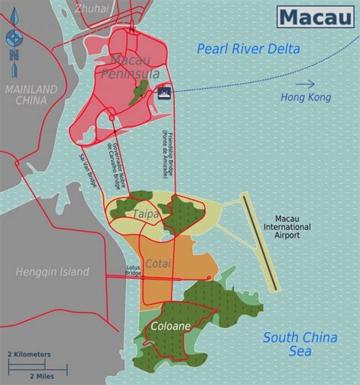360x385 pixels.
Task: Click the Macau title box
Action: pyautogui.click(x=314, y=16)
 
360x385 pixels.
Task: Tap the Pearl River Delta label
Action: pyautogui.click(x=248, y=49)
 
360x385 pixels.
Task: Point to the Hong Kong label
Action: pyautogui.click(x=305, y=98)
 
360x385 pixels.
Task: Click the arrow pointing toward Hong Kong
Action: pyautogui.click(x=305, y=84)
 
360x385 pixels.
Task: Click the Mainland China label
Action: pyautogui.click(x=31, y=95)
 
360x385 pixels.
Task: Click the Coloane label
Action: pyautogui.click(x=165, y=327)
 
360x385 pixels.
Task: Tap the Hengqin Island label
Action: pyautogui.click(x=52, y=272)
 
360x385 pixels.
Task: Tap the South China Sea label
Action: pyautogui.click(x=298, y=345)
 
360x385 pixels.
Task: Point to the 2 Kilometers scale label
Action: pyautogui.click(x=30, y=354)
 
